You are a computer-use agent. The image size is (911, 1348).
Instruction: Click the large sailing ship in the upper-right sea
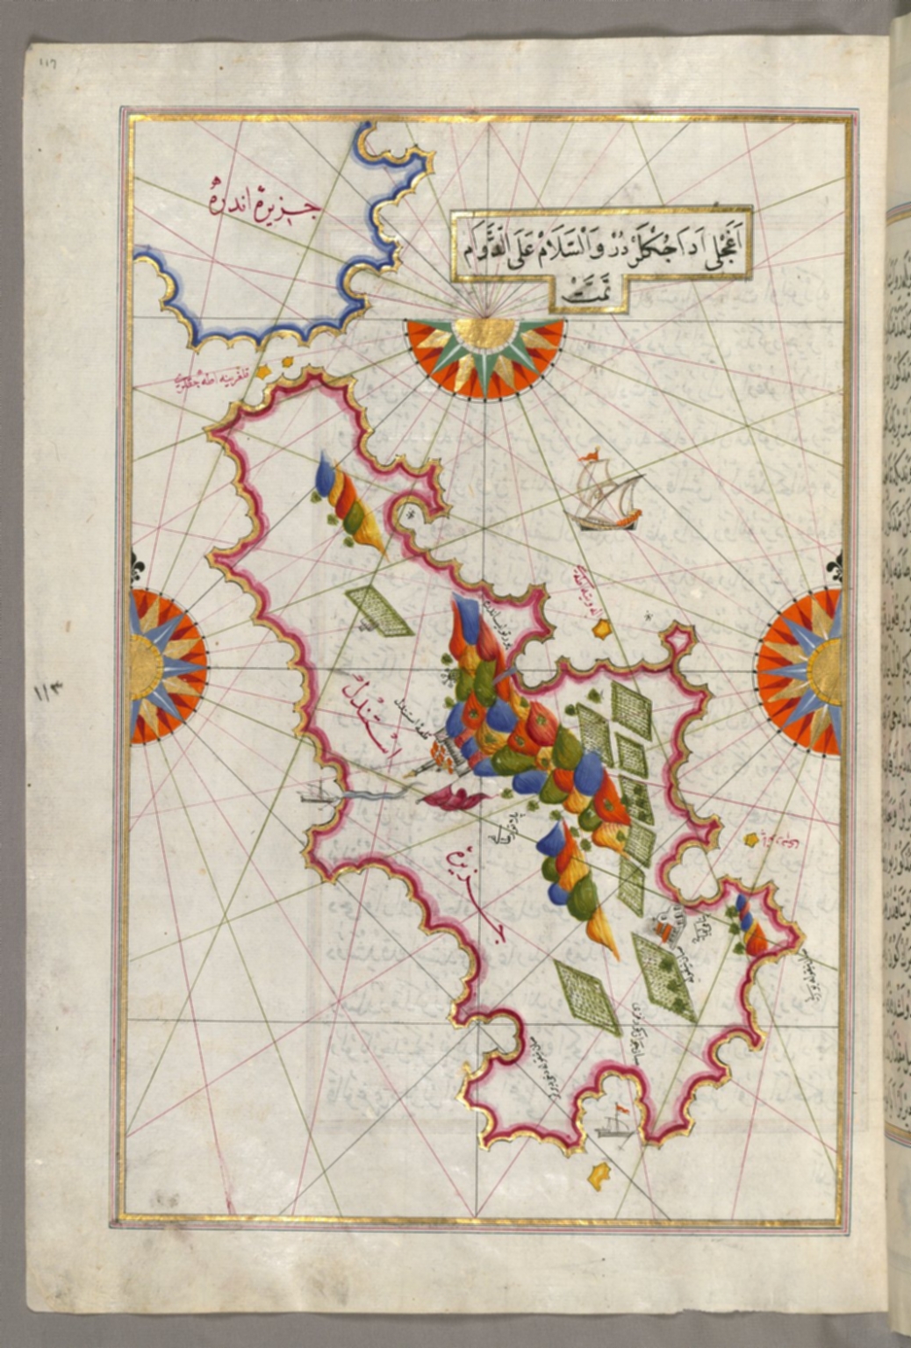[x=606, y=497]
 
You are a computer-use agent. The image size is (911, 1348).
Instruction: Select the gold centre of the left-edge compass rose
[x=145, y=667]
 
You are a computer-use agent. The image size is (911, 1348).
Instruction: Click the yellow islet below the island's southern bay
[x=599, y=1172]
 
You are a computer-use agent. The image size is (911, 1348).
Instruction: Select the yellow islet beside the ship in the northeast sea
[x=603, y=628]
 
